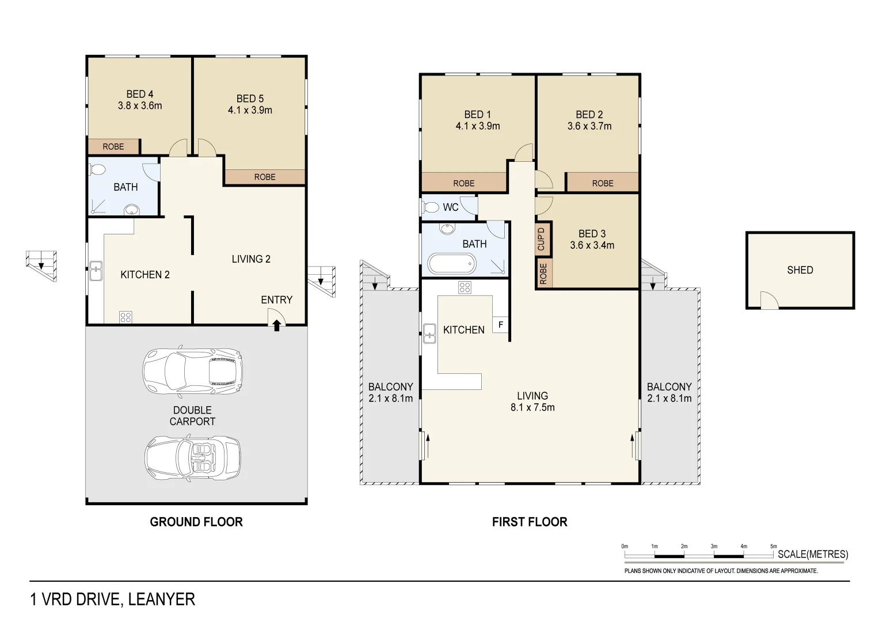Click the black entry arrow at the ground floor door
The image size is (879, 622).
(277, 325)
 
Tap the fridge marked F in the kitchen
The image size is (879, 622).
(500, 325)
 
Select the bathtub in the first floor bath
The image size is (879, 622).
(452, 264)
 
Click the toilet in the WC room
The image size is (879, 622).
(431, 207)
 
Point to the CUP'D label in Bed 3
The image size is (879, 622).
(541, 239)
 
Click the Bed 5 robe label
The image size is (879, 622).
(265, 177)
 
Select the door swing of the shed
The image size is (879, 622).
(769, 301)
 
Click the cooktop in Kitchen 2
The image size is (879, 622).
(125, 317)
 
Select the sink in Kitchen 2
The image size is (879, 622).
(96, 271)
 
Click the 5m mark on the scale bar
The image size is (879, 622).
(773, 547)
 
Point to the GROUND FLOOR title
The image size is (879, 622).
(196, 522)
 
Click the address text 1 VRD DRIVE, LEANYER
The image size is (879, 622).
(113, 600)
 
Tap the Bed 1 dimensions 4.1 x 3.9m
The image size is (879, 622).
(478, 126)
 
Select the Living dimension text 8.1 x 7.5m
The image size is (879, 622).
(532, 407)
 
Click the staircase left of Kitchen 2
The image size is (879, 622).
(41, 264)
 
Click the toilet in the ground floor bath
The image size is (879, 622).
(97, 170)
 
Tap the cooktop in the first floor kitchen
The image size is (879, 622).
(465, 287)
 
